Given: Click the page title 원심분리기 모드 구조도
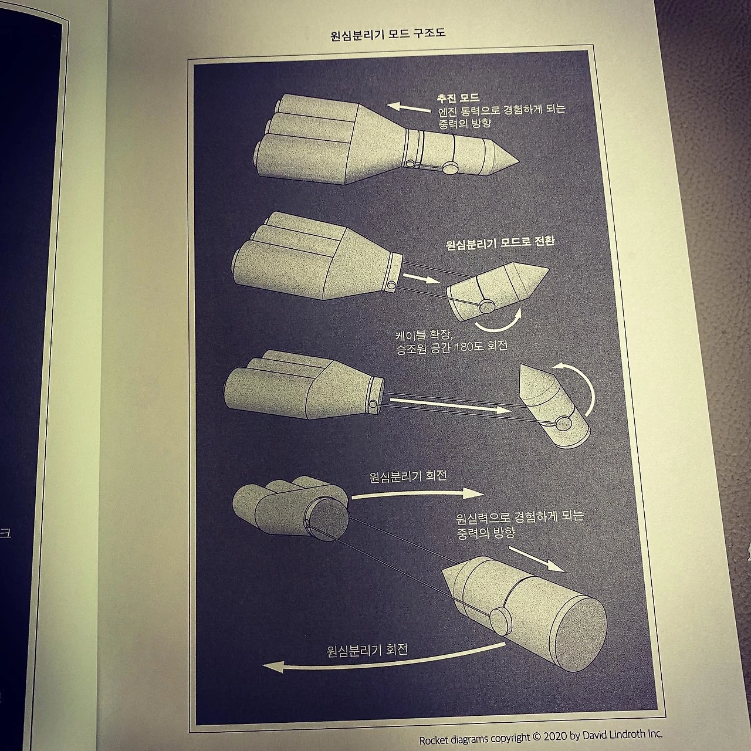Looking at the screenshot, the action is pyautogui.click(x=388, y=35).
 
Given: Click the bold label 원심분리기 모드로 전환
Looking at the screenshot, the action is pyautogui.click(x=500, y=242).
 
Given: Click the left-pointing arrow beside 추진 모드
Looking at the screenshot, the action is pyautogui.click(x=409, y=108).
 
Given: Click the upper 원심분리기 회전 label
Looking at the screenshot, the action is pyautogui.click(x=408, y=476).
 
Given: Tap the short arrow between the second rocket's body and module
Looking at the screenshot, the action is pyautogui.click(x=421, y=278).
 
